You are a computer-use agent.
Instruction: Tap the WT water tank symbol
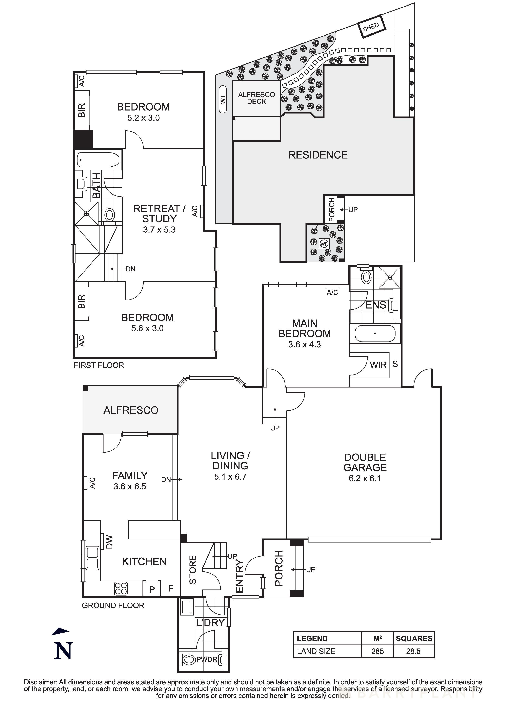(223, 99)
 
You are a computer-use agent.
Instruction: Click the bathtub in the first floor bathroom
(98, 160)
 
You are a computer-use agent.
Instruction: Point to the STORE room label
(193, 569)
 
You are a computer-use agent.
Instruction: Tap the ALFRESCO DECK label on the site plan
(256, 98)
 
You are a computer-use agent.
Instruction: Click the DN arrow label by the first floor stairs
(130, 269)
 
